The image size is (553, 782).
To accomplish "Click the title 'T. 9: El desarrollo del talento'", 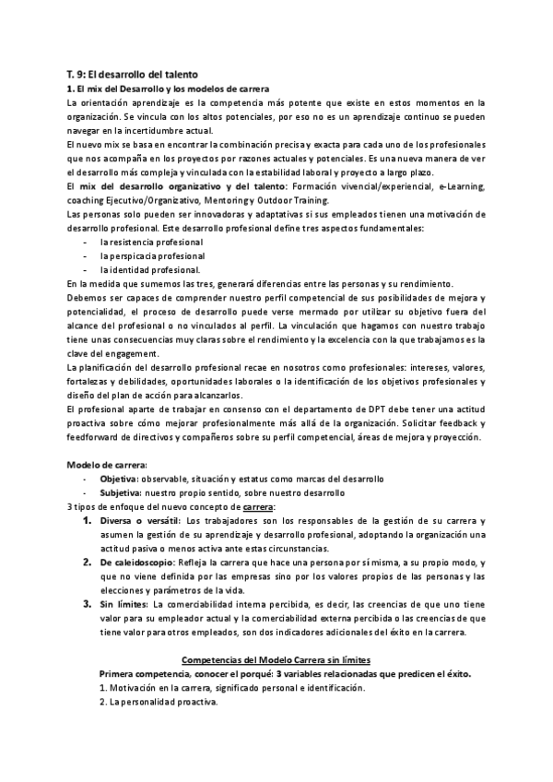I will (134, 73).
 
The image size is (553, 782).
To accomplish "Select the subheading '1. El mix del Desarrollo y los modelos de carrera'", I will (169, 88).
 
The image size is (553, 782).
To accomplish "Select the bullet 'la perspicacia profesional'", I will (152, 255).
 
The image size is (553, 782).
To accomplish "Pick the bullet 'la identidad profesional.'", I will (150, 269).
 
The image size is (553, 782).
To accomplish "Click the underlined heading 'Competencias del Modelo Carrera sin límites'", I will (277, 661).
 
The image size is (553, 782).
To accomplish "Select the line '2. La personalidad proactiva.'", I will (158, 703).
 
